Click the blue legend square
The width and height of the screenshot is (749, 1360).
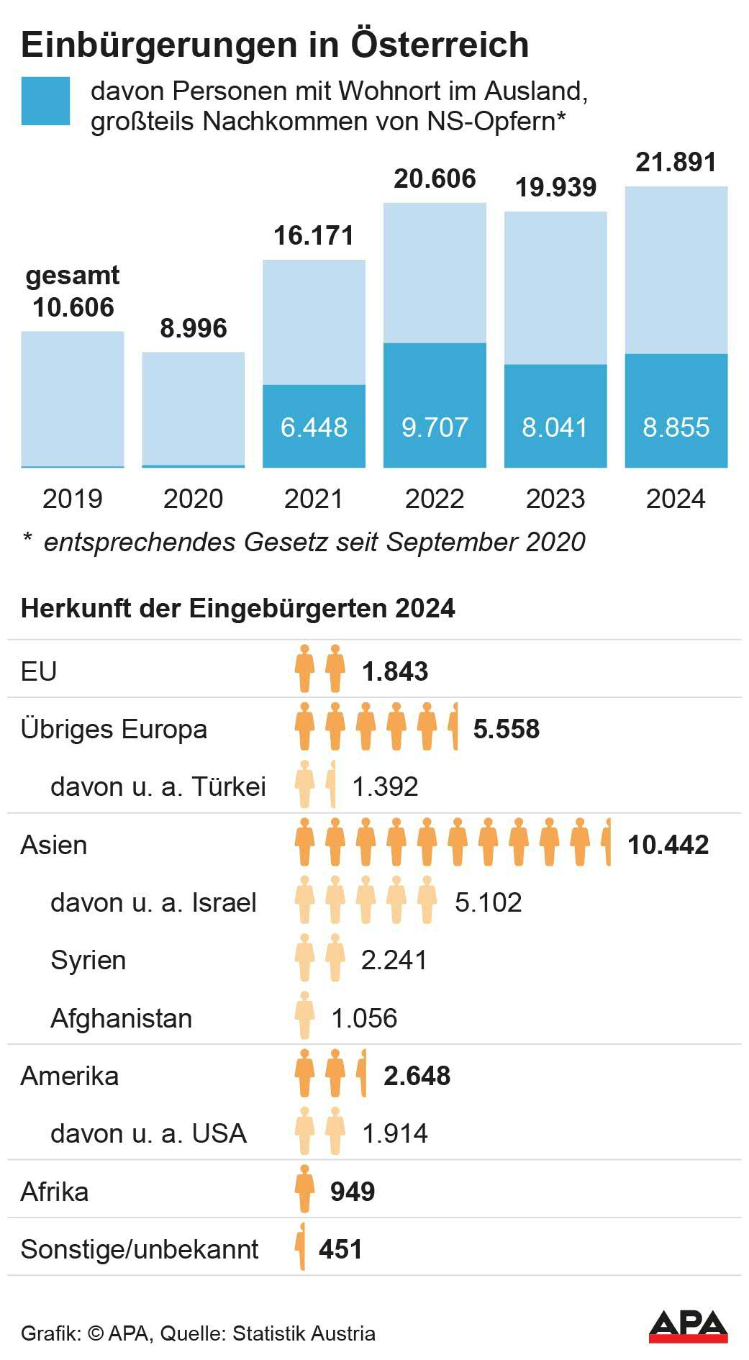coord(45,101)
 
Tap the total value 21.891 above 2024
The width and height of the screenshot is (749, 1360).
coord(676,163)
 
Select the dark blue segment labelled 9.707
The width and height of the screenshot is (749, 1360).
coord(435,405)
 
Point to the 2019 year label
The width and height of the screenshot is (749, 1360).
coord(73,499)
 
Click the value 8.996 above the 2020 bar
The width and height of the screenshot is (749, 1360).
coord(193,328)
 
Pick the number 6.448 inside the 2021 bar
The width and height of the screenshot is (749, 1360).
coord(314,427)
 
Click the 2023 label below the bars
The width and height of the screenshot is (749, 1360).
coord(555,499)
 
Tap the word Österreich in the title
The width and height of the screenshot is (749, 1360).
coord(440,45)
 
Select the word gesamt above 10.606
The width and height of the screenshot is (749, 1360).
coord(73,276)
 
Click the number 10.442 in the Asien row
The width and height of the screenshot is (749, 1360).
coord(668,845)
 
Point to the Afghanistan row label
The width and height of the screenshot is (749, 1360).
coord(121,1018)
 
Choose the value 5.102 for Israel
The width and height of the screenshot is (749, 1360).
coord(488,902)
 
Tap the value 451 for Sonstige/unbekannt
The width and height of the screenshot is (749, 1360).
coord(340,1249)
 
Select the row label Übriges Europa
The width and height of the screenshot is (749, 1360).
coord(114,729)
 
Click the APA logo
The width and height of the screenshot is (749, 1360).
coord(688,1326)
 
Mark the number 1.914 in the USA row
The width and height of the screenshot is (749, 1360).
coord(395,1133)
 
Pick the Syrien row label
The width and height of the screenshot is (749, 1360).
coord(88,960)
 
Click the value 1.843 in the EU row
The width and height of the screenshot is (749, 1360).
coord(395,671)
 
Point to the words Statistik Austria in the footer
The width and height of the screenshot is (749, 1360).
coord(304,1333)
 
